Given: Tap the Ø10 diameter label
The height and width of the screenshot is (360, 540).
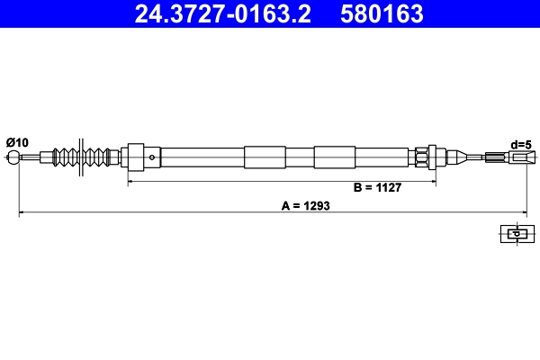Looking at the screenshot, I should (x=17, y=142).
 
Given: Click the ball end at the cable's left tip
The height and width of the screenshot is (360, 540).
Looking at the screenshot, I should (x=13, y=158).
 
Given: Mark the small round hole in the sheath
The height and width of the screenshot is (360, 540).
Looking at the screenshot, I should (x=152, y=157).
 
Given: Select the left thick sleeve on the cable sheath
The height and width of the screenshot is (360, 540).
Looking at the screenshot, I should (x=263, y=157).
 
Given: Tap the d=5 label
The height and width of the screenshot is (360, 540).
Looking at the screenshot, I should (x=520, y=143).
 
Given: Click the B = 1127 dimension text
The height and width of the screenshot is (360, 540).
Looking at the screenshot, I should (x=376, y=188).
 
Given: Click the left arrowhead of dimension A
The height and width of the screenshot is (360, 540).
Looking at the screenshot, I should (x=22, y=212).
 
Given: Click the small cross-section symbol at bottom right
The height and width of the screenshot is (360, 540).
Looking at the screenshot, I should (x=515, y=234).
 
